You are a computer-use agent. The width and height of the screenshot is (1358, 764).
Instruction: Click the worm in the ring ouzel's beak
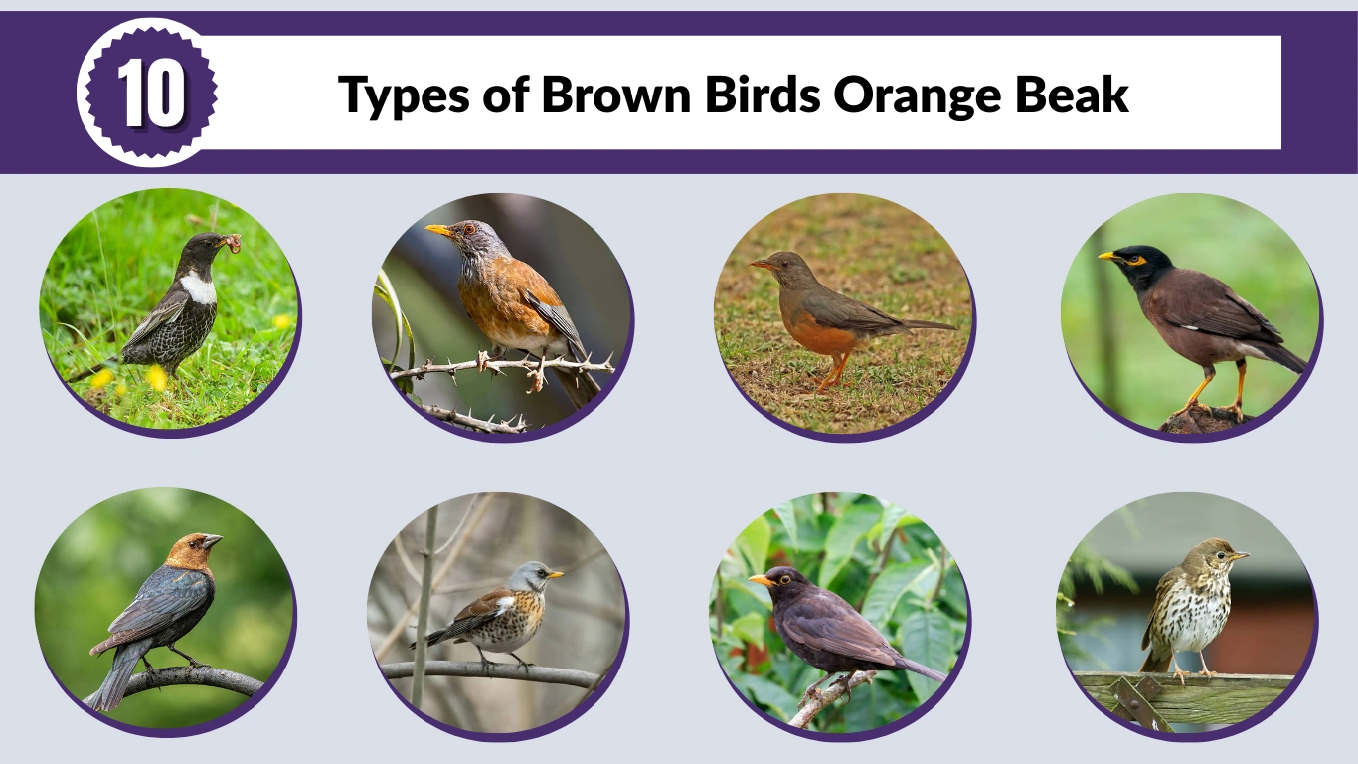pyautogui.click(x=232, y=242)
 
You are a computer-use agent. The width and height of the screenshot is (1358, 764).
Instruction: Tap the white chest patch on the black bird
pyautogui.click(x=199, y=288)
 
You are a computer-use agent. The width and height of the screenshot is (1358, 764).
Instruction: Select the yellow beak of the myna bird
pyautogui.click(x=1107, y=256)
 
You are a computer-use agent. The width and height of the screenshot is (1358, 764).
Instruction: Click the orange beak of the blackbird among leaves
pyautogui.click(x=761, y=580)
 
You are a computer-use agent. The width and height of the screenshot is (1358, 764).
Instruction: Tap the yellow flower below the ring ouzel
pyautogui.click(x=157, y=377)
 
